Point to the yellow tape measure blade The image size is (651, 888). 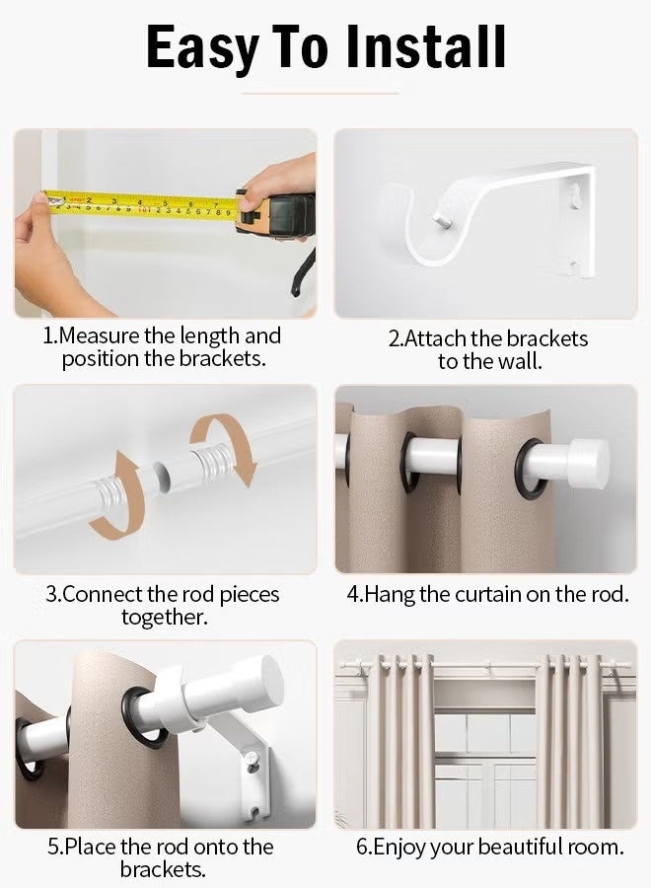138,202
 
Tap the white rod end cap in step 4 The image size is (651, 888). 582,459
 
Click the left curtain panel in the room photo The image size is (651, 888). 402,740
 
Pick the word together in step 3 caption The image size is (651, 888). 164,618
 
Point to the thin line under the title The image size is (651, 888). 325,94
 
